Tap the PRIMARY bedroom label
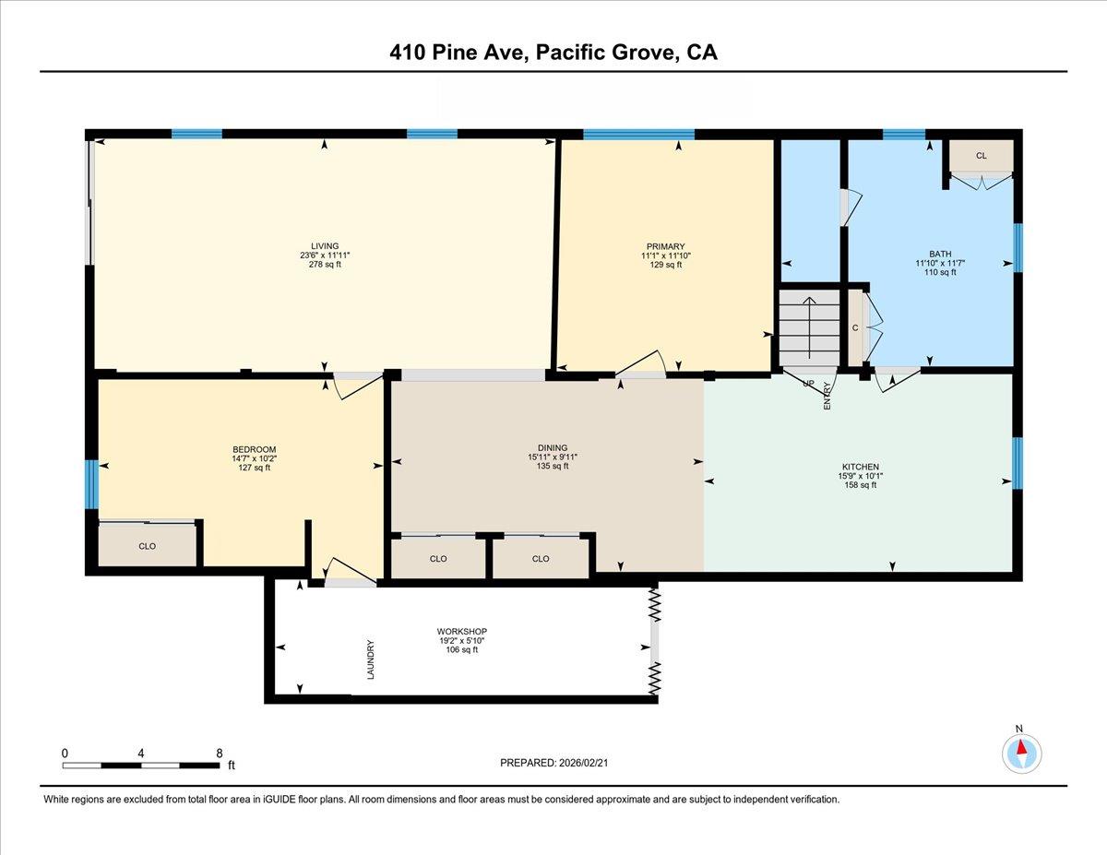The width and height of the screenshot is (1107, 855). click(x=665, y=245)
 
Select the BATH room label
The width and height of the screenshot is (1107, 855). click(x=940, y=253)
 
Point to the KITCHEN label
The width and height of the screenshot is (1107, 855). click(x=858, y=467)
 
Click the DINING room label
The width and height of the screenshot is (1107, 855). click(x=553, y=447)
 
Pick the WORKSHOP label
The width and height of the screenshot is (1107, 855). click(x=461, y=632)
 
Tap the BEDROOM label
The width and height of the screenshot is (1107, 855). click(x=254, y=449)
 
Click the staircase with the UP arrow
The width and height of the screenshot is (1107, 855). click(x=809, y=327)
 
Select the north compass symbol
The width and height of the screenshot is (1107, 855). click(x=1021, y=753)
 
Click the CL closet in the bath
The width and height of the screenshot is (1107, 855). click(x=982, y=156)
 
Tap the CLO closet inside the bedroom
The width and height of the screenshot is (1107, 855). click(x=148, y=546)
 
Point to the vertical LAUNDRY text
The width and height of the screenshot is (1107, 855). click(x=371, y=659)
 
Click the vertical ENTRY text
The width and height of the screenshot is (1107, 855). click(x=827, y=396)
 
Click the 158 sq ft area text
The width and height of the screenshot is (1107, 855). click(x=858, y=485)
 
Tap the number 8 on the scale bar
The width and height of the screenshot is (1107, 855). click(x=219, y=753)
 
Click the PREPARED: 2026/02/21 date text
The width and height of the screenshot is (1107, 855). click(x=553, y=763)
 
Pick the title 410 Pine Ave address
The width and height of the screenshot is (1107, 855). click(x=553, y=53)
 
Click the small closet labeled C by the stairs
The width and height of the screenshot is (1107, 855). click(x=855, y=327)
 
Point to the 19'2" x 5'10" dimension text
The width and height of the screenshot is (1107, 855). click(x=461, y=641)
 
